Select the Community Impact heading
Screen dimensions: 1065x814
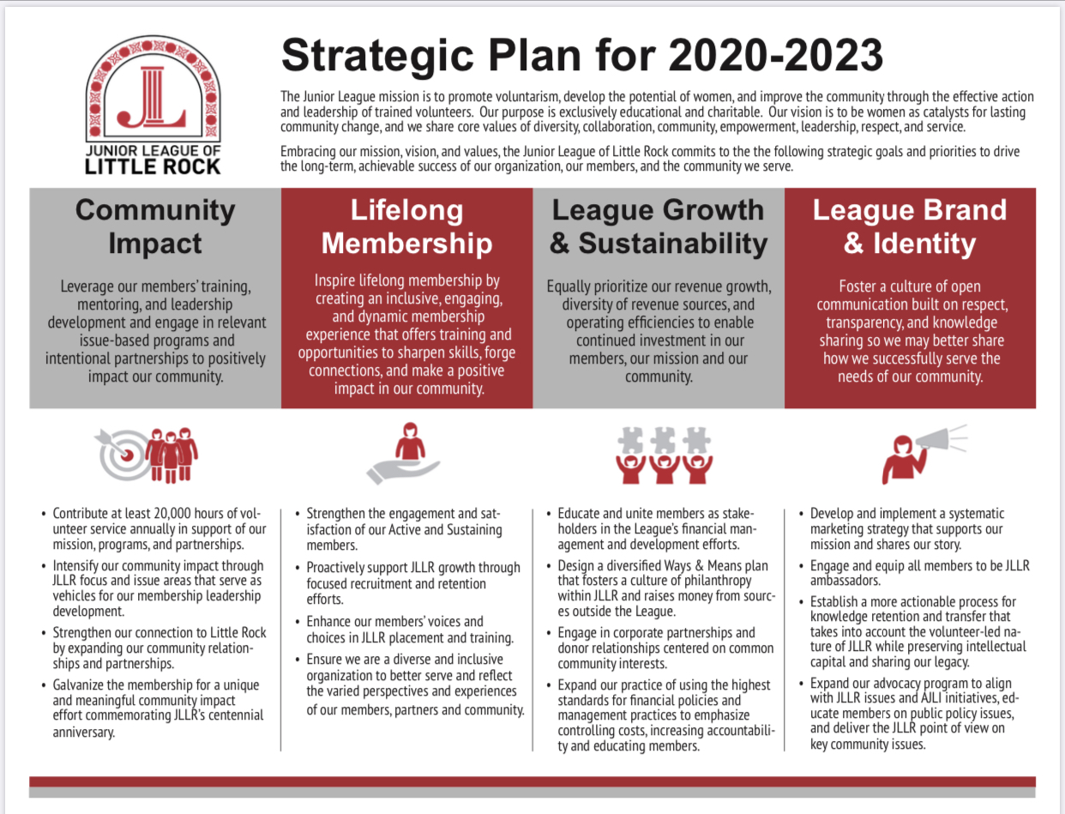[155, 226]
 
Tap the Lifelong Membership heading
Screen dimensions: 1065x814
[406, 226]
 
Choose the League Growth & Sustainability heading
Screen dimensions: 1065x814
[659, 226]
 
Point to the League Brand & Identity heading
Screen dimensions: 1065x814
[910, 226]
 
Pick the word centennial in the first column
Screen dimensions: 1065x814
[237, 715]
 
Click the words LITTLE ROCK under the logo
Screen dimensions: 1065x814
[153, 167]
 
